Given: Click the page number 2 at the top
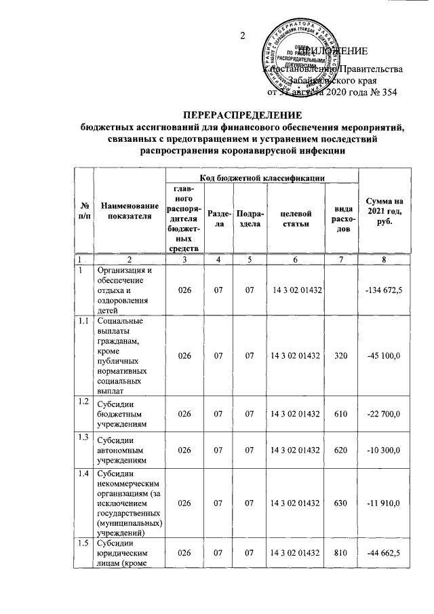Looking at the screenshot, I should click(x=242, y=37).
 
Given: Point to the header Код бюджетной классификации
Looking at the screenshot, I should click(x=260, y=178).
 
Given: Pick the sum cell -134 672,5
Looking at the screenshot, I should click(x=384, y=291).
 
